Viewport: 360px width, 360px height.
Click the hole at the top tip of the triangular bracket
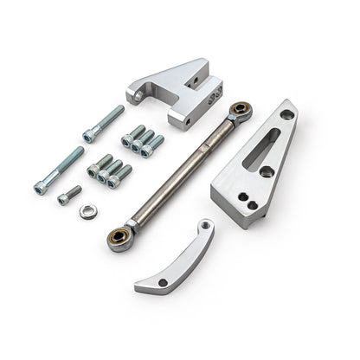286,112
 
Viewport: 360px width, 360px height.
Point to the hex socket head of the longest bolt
39,187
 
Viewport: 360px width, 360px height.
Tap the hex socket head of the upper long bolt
89,135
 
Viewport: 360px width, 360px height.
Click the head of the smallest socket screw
63,200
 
